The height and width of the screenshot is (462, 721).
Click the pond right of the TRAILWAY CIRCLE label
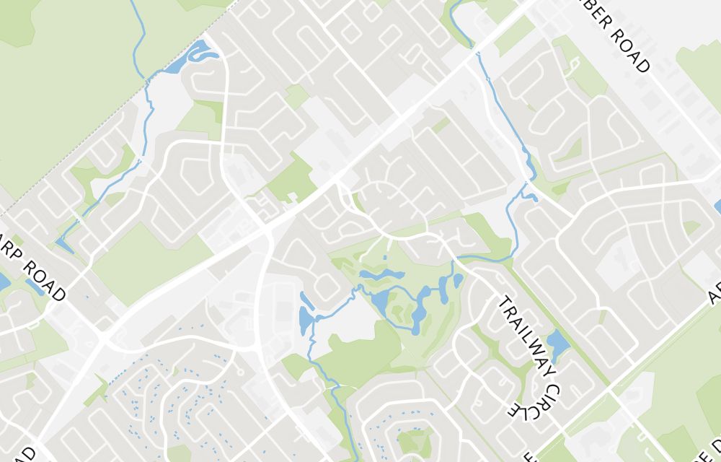tap(557, 345)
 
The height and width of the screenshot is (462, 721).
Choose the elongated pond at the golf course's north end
tap(381, 275)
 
